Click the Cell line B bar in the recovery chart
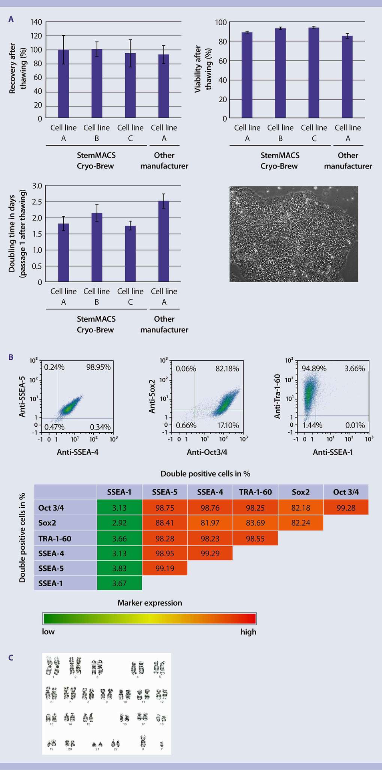97,84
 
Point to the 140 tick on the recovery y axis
36,22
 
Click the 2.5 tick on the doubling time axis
37,202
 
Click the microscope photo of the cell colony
294,234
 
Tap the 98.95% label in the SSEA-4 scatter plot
99,367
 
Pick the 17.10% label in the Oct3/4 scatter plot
228,425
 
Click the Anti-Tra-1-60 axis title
277,397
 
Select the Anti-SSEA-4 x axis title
77,452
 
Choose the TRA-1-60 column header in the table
255,492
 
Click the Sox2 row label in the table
47,523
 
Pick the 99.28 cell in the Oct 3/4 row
346,508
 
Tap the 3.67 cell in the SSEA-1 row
119,583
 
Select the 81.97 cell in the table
210,523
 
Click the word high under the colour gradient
248,632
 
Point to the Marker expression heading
150,603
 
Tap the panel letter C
11,657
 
